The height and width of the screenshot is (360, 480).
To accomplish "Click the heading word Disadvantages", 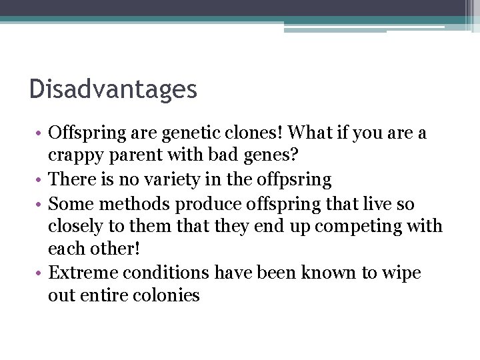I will tap(113, 89).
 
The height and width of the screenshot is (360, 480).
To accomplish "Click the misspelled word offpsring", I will tap(299, 180).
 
